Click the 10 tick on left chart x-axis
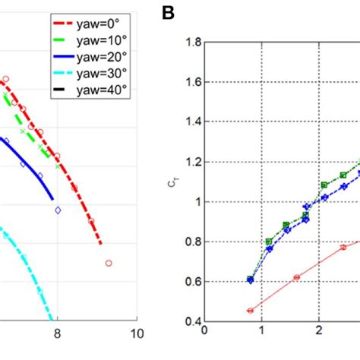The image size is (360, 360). click(x=137, y=333)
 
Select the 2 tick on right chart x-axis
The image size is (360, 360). click(x=320, y=331)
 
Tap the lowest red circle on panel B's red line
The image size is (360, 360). click(x=251, y=310)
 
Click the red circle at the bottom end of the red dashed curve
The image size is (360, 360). click(x=109, y=263)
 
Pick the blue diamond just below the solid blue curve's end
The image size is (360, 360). click(x=58, y=210)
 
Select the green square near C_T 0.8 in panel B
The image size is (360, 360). click(x=269, y=242)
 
